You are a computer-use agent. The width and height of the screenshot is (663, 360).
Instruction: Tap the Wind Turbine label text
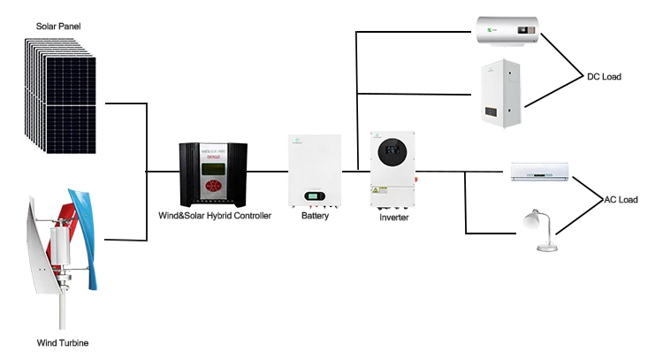click(x=62, y=342)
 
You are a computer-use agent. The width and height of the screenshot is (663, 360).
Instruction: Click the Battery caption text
click(x=315, y=216)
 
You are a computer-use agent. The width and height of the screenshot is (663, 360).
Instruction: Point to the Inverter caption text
click(x=394, y=217)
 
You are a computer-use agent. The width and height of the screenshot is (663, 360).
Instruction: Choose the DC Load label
click(x=605, y=77)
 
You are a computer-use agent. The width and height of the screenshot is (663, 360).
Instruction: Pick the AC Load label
click(x=621, y=200)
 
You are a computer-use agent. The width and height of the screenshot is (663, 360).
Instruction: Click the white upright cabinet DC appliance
click(x=504, y=94)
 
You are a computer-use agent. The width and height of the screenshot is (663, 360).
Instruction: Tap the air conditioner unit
click(x=540, y=171)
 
